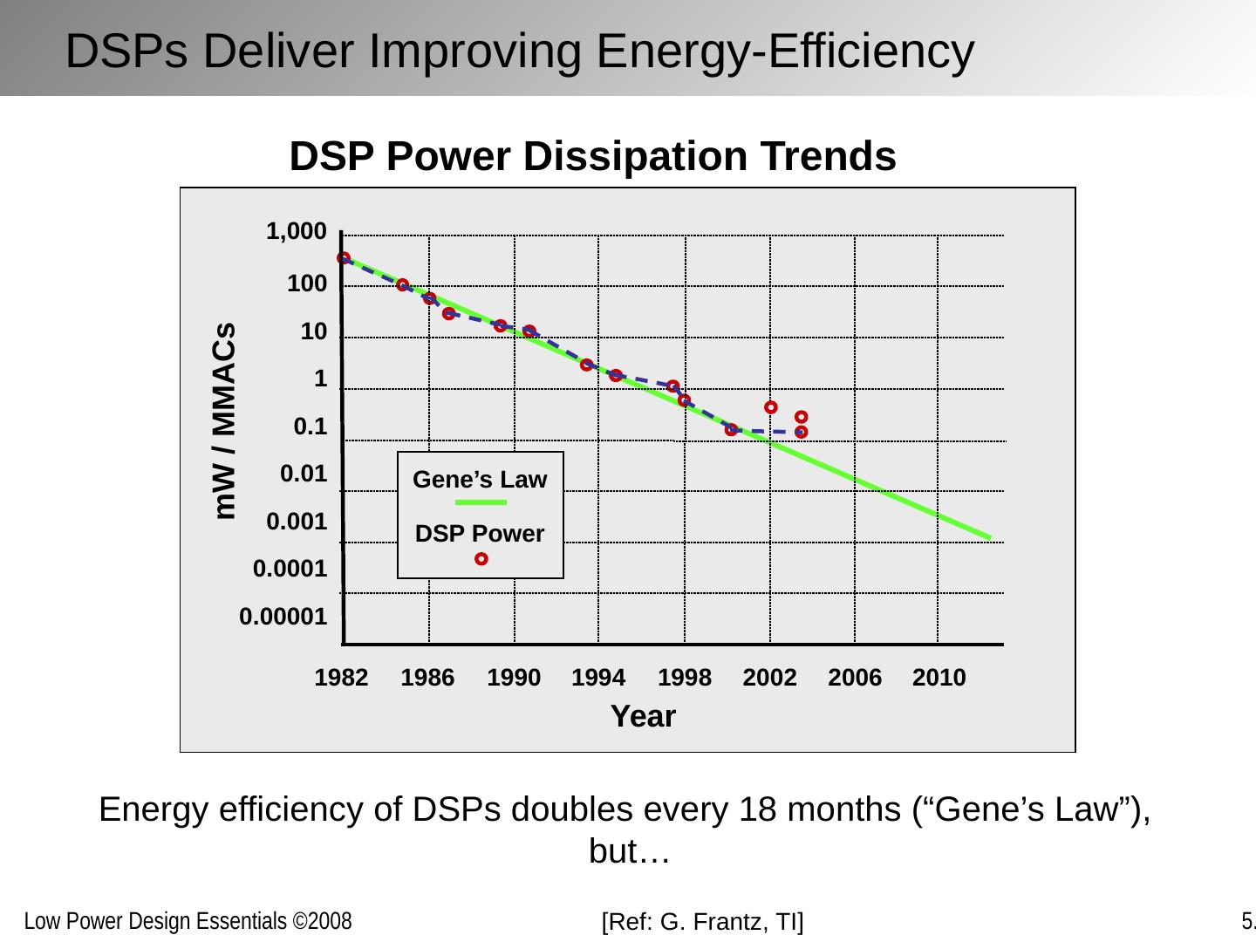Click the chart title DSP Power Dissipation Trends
pos(592,158)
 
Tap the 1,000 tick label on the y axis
pos(297,232)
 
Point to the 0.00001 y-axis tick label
pos(283,618)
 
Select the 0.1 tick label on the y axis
pos(311,427)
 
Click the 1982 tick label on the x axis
pos(341,678)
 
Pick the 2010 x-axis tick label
pos(939,678)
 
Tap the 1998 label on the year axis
pos(685,678)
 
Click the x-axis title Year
pos(643,716)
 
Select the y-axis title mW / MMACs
pos(226,421)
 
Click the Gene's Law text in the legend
pos(480,480)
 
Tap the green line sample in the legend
pos(481,502)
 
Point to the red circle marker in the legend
pos(481,559)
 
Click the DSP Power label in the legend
pos(480,534)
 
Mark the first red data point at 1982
pos(344,258)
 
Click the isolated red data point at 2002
pos(771,407)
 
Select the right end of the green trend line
pos(988,536)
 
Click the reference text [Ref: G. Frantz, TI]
pos(703,921)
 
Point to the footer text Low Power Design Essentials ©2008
pos(188,921)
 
